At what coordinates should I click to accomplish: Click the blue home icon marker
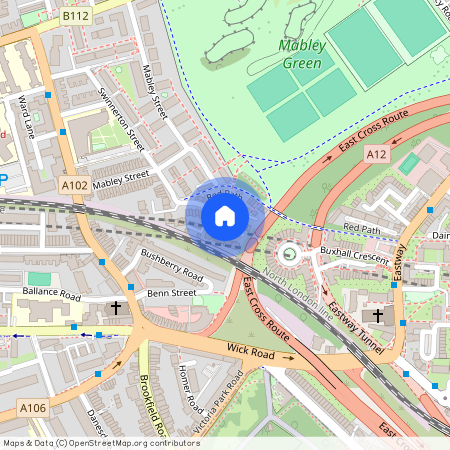tap(225, 215)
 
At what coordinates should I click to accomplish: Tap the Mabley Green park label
tap(287, 54)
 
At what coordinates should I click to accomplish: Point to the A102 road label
tap(74, 185)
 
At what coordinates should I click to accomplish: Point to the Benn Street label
tap(171, 293)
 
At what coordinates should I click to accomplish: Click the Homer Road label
tap(189, 389)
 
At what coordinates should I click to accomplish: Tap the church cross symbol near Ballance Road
tap(116, 309)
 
